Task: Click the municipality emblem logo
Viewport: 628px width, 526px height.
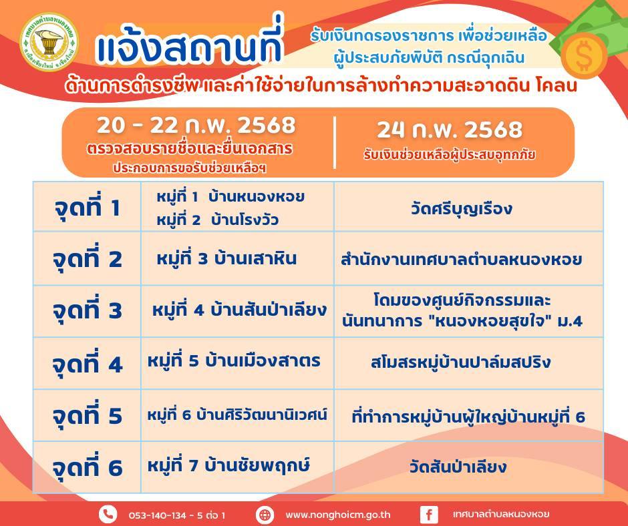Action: pyautogui.click(x=49, y=42)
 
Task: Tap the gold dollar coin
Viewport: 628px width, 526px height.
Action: pyautogui.click(x=583, y=55)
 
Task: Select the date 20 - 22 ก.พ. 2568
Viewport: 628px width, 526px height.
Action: pyautogui.click(x=196, y=125)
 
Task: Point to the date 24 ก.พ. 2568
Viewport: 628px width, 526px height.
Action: pyautogui.click(x=450, y=129)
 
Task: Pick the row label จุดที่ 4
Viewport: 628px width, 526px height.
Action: pyautogui.click(x=88, y=364)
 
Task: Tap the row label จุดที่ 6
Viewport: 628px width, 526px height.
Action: pyautogui.click(x=88, y=467)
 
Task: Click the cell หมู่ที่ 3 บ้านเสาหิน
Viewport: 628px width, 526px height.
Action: pyautogui.click(x=226, y=258)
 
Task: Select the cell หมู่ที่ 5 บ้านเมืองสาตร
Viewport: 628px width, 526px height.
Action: pyautogui.click(x=234, y=360)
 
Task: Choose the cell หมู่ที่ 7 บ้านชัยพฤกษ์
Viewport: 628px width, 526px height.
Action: pyautogui.click(x=228, y=465)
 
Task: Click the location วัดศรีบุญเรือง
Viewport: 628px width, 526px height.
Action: pyautogui.click(x=462, y=208)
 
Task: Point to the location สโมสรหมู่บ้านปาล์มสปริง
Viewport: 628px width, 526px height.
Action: pyautogui.click(x=460, y=362)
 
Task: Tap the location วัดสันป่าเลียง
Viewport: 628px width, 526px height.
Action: pyautogui.click(x=458, y=467)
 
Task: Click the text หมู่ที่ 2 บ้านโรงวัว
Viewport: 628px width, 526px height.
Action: pyautogui.click(x=218, y=220)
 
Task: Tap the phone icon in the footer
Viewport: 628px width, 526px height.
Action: pyautogui.click(x=108, y=514)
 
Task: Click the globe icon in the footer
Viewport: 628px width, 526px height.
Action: pyautogui.click(x=265, y=515)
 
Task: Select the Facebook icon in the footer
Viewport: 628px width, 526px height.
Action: pyautogui.click(x=429, y=515)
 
